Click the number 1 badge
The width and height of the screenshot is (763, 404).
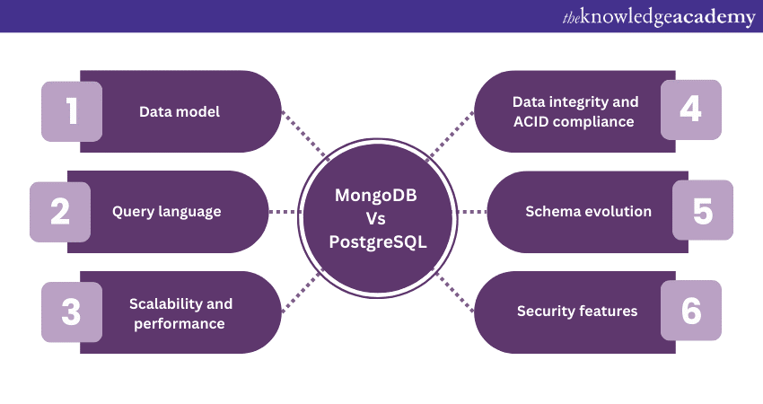click(72, 110)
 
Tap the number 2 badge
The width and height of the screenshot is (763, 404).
click(60, 212)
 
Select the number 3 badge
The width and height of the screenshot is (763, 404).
click(72, 311)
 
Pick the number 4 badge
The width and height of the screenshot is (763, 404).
click(690, 110)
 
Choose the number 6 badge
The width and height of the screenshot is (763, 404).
click(690, 311)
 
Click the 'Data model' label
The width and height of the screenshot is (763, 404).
click(180, 111)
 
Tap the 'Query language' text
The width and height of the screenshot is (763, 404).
click(167, 212)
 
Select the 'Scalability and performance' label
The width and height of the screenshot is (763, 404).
click(180, 313)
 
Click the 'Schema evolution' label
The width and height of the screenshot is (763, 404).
click(589, 212)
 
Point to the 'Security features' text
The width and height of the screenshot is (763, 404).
click(577, 312)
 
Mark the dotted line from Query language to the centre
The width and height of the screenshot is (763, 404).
click(285, 212)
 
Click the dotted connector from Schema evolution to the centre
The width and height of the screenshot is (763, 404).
click(472, 212)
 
